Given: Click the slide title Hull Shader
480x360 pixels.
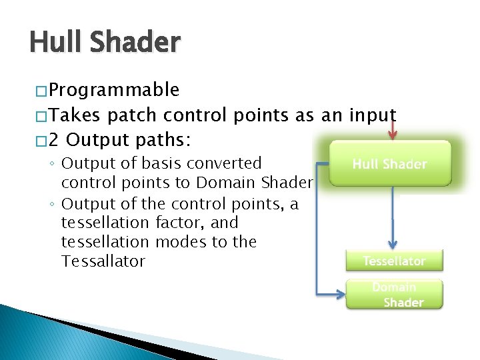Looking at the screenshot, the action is (105, 43).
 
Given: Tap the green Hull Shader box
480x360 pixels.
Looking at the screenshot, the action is (390, 163).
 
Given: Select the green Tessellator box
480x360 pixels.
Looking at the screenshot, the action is (394, 261).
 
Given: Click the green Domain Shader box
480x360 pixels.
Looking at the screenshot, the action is (394, 295).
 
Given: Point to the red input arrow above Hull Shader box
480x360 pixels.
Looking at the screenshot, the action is (393, 128).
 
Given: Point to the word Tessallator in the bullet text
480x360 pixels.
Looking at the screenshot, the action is (103, 261).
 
